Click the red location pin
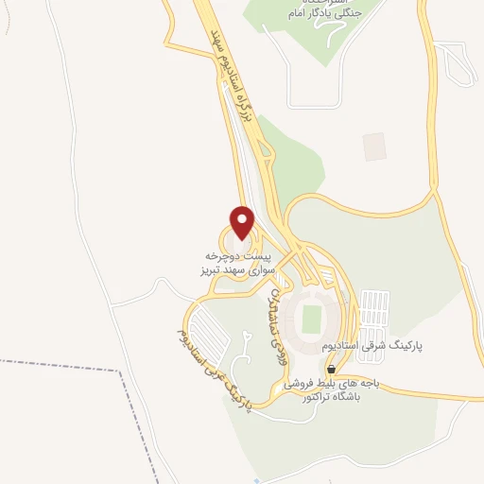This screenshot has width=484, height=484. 243,222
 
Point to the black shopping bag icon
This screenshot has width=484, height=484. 330,368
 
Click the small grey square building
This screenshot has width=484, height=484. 374,147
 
